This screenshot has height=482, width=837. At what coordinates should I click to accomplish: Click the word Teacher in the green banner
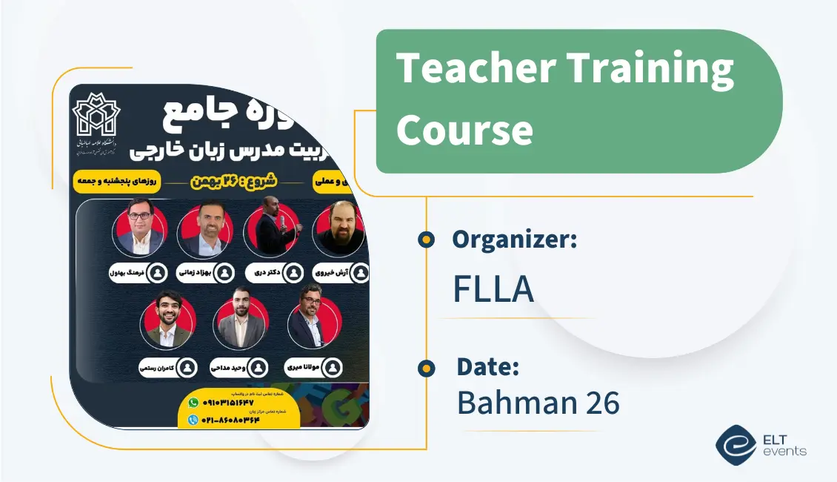point(474,69)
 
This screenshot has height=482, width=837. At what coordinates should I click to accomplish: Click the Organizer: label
point(514,240)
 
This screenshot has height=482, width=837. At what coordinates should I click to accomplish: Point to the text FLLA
point(493,289)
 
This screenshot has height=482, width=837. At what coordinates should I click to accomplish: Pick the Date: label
point(487,367)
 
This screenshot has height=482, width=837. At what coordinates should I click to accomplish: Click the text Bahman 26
point(538,403)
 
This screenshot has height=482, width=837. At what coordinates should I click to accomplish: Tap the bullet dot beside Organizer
point(426,240)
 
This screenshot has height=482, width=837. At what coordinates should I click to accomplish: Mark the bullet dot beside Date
point(426,368)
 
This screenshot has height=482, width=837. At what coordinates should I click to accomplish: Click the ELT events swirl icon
point(736,444)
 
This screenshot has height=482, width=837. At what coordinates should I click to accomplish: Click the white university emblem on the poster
point(96,115)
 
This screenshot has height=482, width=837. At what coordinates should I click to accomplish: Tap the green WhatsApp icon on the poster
point(193,403)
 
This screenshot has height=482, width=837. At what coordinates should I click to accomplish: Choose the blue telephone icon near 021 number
point(193,420)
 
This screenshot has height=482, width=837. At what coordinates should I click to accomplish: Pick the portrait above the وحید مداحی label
point(239,321)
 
